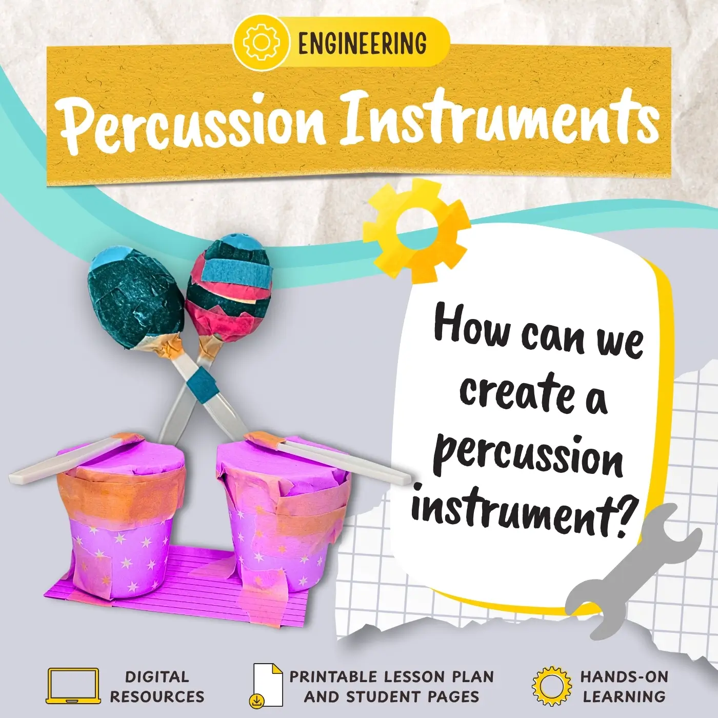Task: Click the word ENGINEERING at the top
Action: coord(362,43)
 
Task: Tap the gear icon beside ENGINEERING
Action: coord(262,43)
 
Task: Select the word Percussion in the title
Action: coord(192,122)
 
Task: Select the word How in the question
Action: coord(472,326)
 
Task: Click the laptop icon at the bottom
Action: coord(73,686)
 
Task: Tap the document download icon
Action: coord(267,686)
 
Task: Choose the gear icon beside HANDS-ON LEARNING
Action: coord(551,686)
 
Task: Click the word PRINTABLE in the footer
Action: coord(334,676)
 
